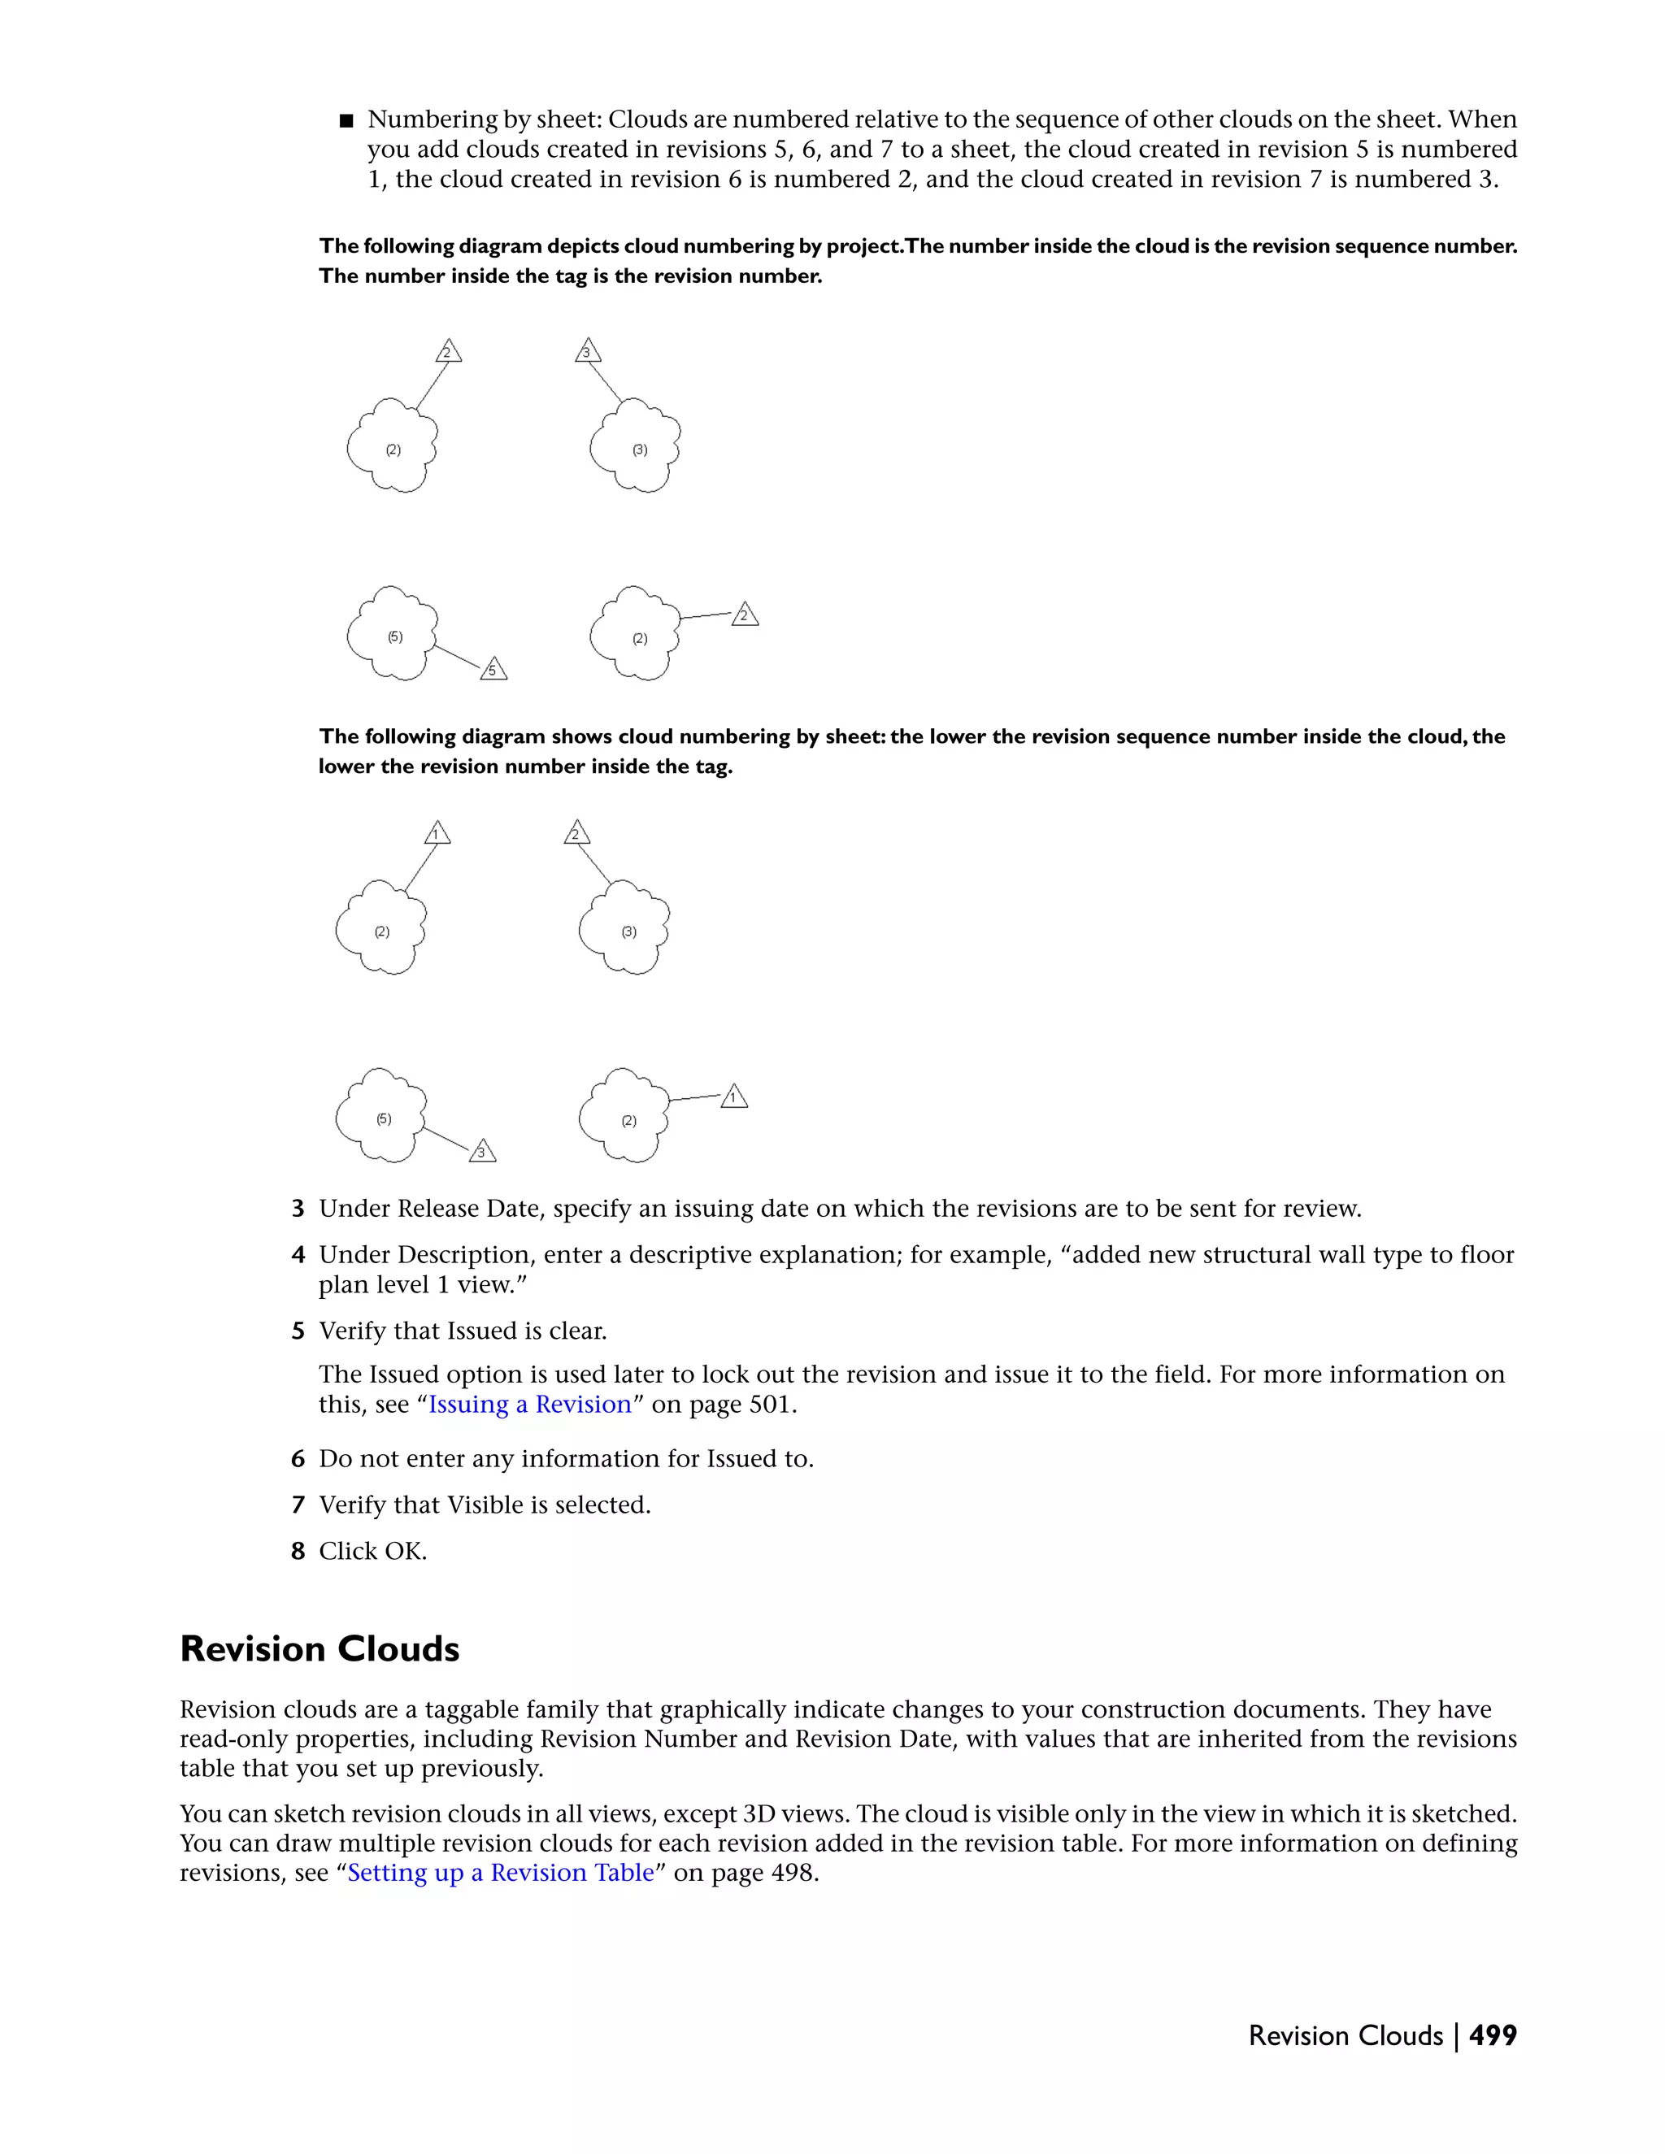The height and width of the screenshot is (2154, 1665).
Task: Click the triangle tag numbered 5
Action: pyautogui.click(x=493, y=670)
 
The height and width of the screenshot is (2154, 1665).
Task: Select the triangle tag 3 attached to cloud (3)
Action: pyautogui.click(x=587, y=352)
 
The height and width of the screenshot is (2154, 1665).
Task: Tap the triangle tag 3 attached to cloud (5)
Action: pyautogui.click(x=481, y=1152)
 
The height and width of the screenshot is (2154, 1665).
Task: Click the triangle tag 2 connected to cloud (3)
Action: pyautogui.click(x=576, y=835)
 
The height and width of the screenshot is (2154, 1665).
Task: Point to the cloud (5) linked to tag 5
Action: pyautogui.click(x=392, y=633)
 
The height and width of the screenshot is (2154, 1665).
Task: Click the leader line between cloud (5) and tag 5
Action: pyautogui.click(x=457, y=655)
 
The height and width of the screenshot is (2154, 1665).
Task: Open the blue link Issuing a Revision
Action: pyautogui.click(x=530, y=1404)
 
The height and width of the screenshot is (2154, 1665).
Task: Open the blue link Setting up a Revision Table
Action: pyautogui.click(x=500, y=1872)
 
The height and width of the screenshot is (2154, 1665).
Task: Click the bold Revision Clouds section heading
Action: pyautogui.click(x=320, y=1649)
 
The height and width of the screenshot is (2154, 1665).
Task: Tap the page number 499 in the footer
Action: pyautogui.click(x=1493, y=2035)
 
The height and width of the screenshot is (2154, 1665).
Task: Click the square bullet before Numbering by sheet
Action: pyautogui.click(x=346, y=121)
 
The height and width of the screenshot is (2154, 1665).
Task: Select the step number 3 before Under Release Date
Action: pyautogui.click(x=298, y=1209)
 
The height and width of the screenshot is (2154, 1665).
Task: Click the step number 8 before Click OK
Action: pyautogui.click(x=298, y=1552)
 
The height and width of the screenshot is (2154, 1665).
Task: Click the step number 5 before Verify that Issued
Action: pyautogui.click(x=298, y=1331)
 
